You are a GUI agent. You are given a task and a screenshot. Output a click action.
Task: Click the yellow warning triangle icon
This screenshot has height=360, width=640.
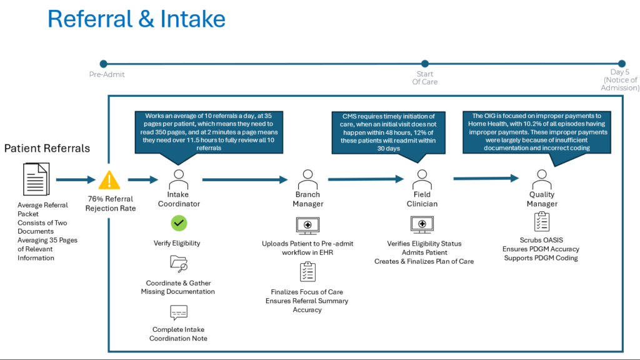tap(109, 180)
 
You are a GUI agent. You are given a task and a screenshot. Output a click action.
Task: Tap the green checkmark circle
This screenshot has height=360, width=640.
tap(179, 223)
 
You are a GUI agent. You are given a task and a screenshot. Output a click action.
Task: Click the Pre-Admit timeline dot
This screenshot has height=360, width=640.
tap(104, 64)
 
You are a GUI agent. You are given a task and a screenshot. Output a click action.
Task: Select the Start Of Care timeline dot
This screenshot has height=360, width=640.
tap(425, 64)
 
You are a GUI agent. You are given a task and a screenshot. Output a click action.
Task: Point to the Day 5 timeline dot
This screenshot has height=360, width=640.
tap(622, 64)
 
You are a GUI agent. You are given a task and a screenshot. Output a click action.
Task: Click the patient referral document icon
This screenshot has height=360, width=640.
tap(36, 179)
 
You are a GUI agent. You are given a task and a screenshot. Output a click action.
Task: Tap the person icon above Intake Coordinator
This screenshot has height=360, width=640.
tap(179, 179)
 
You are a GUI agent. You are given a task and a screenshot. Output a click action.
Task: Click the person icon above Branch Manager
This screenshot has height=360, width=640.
tap(307, 179)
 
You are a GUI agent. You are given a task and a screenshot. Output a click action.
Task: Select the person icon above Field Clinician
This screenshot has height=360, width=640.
tap(422, 179)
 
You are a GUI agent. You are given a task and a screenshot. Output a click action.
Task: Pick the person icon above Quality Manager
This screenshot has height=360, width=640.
tap(542, 179)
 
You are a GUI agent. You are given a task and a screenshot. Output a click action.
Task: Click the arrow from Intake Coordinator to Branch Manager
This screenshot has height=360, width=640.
tap(245, 179)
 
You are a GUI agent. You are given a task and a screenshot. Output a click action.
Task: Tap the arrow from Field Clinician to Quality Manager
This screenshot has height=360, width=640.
tap(486, 178)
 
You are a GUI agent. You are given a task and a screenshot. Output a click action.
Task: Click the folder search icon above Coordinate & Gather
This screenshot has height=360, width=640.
tap(179, 264)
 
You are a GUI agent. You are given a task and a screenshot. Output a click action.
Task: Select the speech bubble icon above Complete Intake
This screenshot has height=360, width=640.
tap(179, 312)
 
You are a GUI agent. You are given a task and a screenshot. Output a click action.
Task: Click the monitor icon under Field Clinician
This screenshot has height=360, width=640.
tap(422, 225)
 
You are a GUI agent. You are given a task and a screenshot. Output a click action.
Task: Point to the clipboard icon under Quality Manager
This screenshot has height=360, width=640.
tap(542, 222)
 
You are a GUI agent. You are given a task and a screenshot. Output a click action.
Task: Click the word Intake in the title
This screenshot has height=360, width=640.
tap(192, 19)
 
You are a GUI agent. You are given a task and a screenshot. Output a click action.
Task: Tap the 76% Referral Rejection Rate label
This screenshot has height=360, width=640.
tap(111, 203)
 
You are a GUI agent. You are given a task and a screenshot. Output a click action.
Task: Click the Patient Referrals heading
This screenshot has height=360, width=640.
tap(47, 148)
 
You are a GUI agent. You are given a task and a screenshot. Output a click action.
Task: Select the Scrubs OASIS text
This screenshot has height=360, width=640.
tap(541, 240)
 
